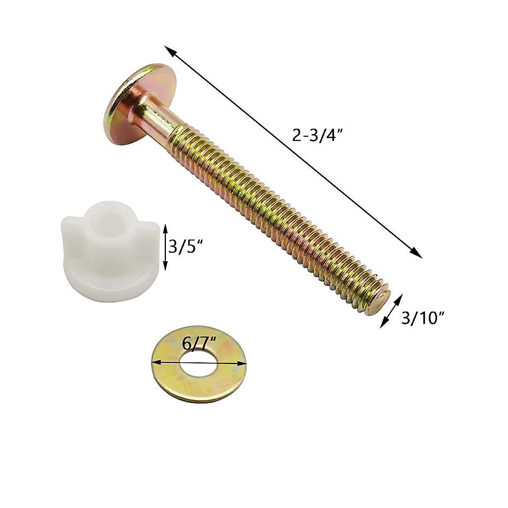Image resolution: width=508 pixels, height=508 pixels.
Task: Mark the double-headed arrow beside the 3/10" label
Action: point(390,312)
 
